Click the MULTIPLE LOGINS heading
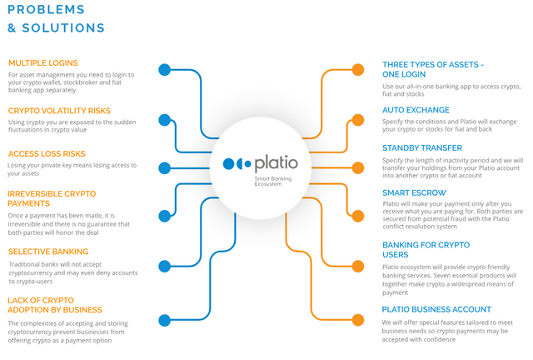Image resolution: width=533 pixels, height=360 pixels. click(x=43, y=63)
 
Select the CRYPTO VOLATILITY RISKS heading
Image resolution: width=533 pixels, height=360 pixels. click(x=59, y=111)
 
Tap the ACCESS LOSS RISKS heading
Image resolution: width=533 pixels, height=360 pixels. click(x=47, y=154)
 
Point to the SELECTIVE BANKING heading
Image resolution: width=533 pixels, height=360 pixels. click(x=48, y=252)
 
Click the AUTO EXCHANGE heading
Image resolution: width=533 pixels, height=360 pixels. click(x=416, y=110)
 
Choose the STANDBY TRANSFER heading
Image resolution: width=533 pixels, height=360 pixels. click(x=422, y=148)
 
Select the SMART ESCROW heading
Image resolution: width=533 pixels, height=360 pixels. click(x=414, y=193)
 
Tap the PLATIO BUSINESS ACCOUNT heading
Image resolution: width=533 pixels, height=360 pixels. click(x=436, y=309)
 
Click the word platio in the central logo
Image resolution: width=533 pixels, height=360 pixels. click(x=276, y=163)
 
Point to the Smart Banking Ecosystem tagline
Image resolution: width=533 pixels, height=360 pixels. click(x=273, y=181)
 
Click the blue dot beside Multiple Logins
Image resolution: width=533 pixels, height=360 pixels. click(x=165, y=70)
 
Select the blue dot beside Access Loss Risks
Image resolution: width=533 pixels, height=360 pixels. click(x=165, y=168)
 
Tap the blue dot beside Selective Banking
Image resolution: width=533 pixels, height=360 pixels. click(x=165, y=266)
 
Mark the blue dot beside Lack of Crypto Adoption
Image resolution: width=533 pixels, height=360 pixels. click(x=165, y=320)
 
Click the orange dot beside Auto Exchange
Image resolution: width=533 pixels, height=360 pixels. click(x=358, y=120)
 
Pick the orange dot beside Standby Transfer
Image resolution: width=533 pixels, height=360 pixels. click(x=358, y=168)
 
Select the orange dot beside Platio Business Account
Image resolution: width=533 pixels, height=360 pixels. click(x=358, y=320)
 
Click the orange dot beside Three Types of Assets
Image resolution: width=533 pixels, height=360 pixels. click(x=358, y=70)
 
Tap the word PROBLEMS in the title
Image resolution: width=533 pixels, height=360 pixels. click(x=46, y=9)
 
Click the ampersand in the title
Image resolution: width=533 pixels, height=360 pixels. click(x=12, y=27)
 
